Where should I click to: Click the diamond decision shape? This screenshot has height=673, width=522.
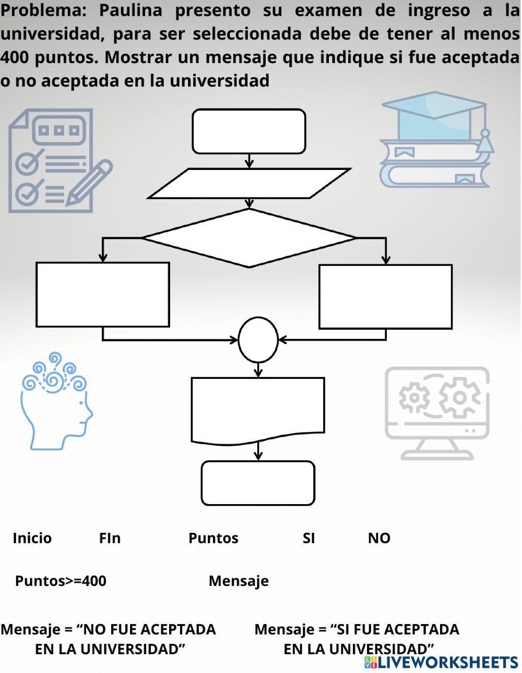pyautogui.click(x=249, y=238)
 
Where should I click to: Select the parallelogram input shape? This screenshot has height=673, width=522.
pyautogui.click(x=249, y=183)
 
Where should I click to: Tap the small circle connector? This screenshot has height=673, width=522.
pyautogui.click(x=258, y=340)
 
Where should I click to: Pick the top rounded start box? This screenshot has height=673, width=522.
pyautogui.click(x=249, y=131)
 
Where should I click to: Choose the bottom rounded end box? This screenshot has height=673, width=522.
pyautogui.click(x=258, y=483)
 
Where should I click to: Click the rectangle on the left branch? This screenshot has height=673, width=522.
pyautogui.click(x=103, y=295)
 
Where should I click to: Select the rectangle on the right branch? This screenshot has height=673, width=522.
pyautogui.click(x=385, y=297)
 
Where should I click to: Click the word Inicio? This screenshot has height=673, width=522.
pyautogui.click(x=32, y=538)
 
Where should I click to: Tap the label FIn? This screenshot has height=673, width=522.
pyautogui.click(x=110, y=538)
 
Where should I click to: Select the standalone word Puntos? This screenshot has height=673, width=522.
pyautogui.click(x=213, y=538)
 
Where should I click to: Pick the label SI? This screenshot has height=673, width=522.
pyautogui.click(x=309, y=538)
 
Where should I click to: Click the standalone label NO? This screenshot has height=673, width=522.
pyautogui.click(x=379, y=538)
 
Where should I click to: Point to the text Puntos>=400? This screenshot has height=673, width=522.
pyautogui.click(x=61, y=581)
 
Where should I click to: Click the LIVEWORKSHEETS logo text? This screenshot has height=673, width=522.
pyautogui.click(x=448, y=662)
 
